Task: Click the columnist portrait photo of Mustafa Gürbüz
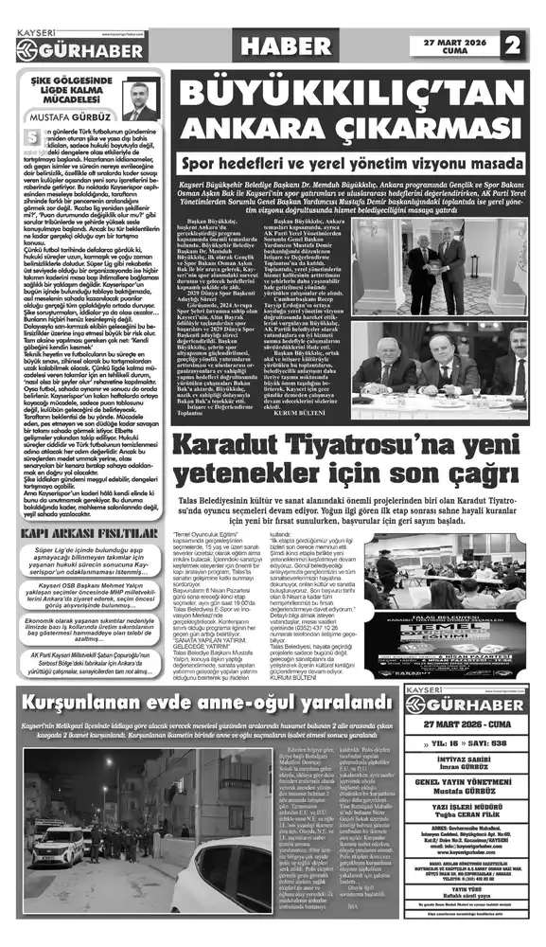pyautogui.click(x=141, y=100)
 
